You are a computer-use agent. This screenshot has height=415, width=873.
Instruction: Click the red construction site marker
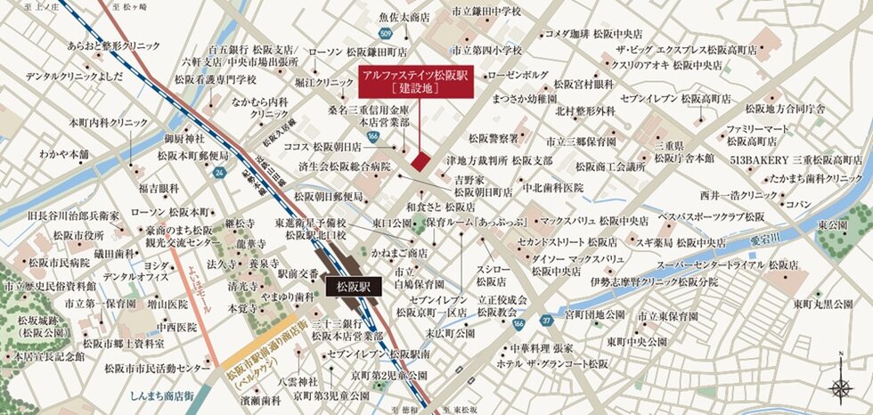420,159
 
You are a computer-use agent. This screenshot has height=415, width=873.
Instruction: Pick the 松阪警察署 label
494,138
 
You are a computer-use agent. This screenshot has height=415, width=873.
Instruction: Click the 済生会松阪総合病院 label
345,167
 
